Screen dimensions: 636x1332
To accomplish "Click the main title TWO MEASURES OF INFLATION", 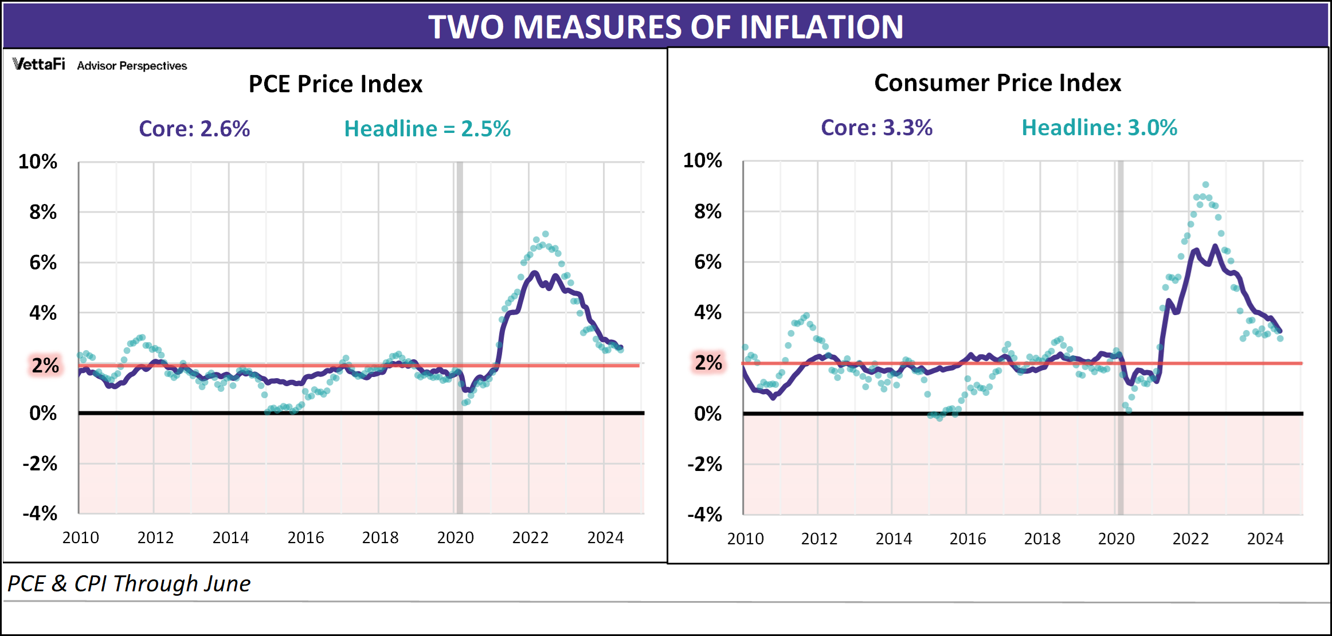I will click(x=665, y=26).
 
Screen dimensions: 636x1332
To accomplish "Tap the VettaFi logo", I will click(x=38, y=64).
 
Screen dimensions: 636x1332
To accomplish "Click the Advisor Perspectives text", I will click(x=132, y=66).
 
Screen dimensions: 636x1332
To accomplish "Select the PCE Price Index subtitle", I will click(x=335, y=84).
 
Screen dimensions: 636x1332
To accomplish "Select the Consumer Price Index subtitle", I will click(x=997, y=83).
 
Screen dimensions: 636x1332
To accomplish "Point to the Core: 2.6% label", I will click(x=194, y=129).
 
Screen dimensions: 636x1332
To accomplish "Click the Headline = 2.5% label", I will click(x=427, y=129).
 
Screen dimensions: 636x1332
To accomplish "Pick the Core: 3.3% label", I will click(x=876, y=128).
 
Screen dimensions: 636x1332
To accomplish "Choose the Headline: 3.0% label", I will click(x=1099, y=128).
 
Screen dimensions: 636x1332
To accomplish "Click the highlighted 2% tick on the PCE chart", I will click(x=45, y=365).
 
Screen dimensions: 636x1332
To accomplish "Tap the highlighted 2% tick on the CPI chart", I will click(x=708, y=363).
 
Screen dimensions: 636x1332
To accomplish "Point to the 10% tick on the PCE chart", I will click(x=38, y=162).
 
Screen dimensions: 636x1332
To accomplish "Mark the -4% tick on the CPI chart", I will click(x=704, y=515).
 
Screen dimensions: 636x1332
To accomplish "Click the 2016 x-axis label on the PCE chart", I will click(x=305, y=538).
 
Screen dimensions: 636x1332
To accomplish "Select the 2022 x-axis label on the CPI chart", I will click(x=1190, y=539).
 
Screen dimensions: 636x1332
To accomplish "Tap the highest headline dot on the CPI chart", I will click(x=1205, y=184).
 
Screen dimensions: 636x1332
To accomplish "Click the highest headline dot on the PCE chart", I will click(x=546, y=234).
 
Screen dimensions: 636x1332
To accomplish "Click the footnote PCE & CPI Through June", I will click(x=129, y=584).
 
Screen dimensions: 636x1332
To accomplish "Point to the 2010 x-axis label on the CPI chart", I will click(x=745, y=539).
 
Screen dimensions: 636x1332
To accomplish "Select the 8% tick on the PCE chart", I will click(x=43, y=213).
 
